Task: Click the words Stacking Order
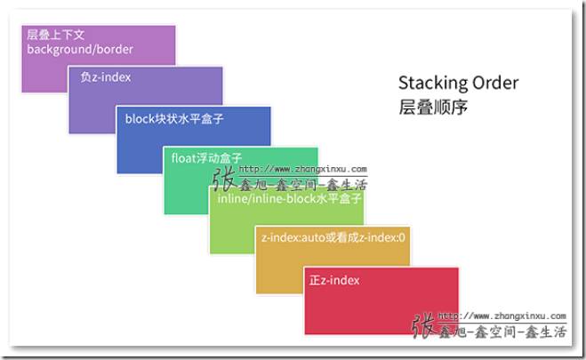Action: [458, 83]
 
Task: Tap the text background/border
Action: [80, 50]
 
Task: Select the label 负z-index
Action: [105, 77]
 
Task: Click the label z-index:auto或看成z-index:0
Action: [333, 238]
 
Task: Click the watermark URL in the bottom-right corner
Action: [502, 316]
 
